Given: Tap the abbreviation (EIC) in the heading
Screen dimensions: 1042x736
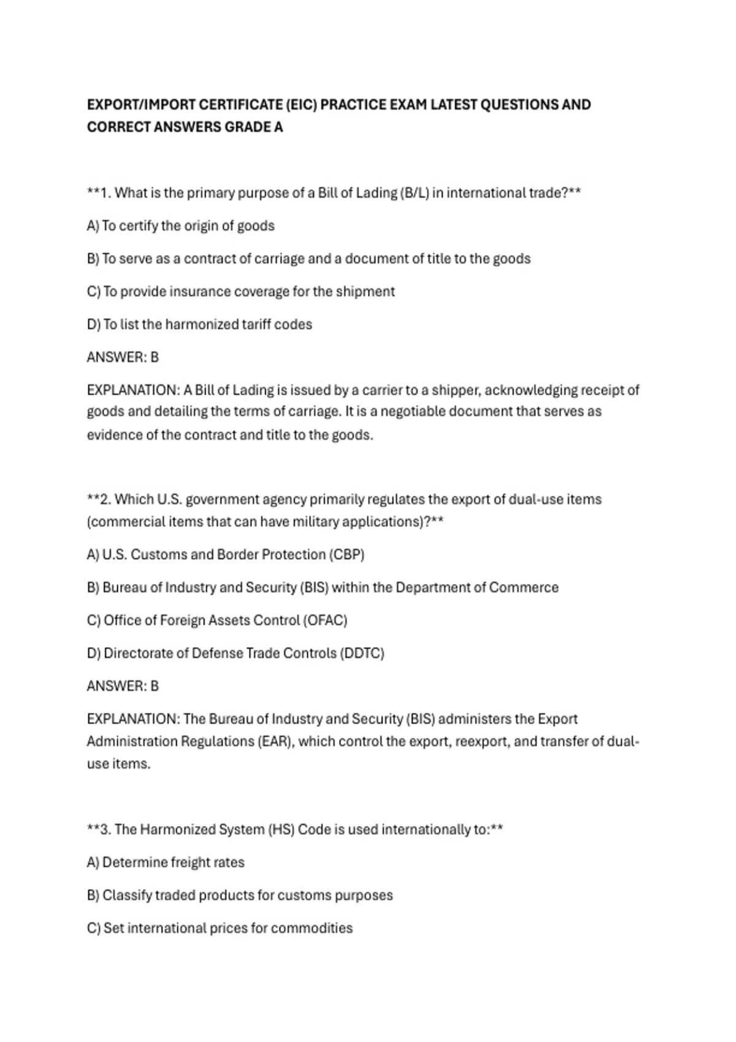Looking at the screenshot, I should [x=301, y=105].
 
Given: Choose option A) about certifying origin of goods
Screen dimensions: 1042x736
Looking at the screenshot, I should [x=181, y=226].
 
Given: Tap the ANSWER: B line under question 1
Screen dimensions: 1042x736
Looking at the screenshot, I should [x=123, y=357].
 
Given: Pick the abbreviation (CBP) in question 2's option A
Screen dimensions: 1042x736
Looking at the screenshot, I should [x=347, y=555].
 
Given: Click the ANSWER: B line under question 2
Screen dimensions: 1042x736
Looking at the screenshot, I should [x=123, y=686].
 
